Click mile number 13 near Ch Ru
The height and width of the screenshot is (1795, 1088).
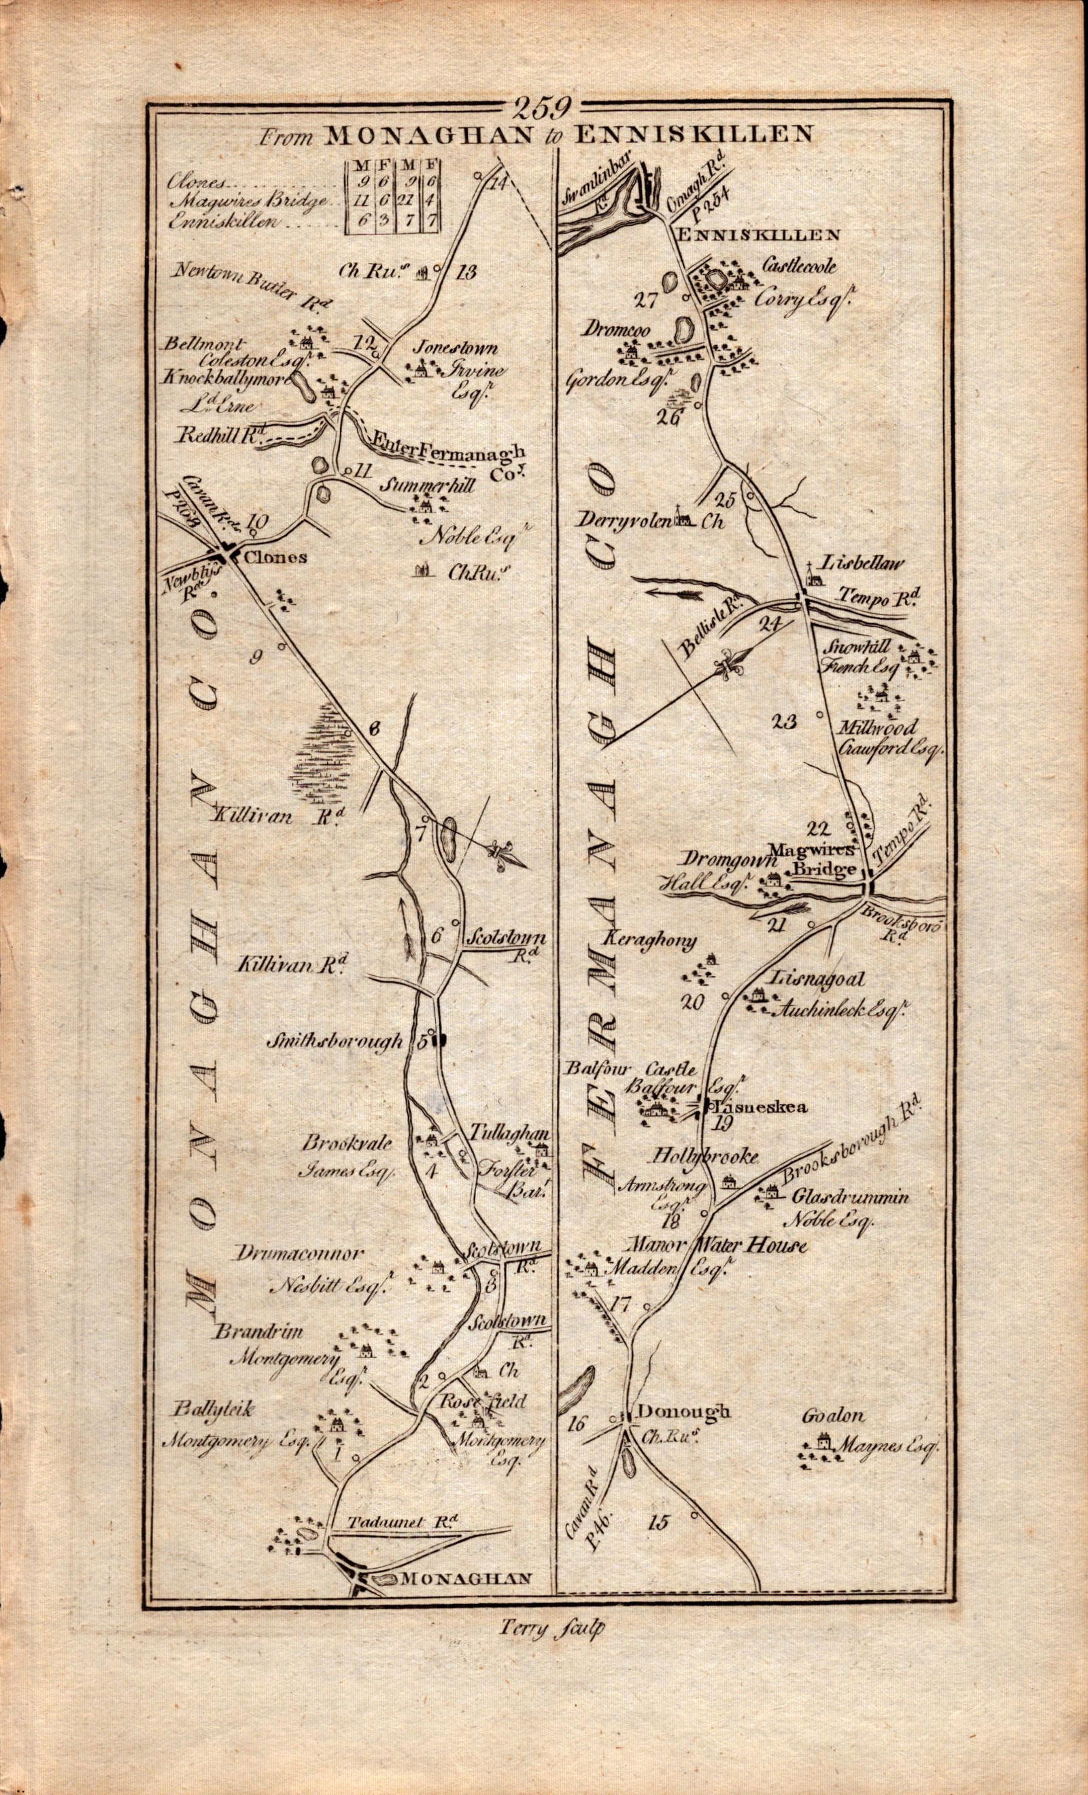pos(465,273)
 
